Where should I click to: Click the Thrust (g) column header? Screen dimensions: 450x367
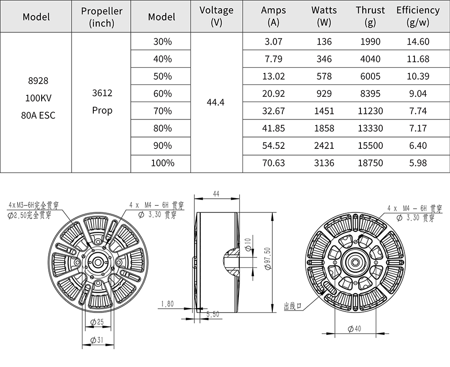[370, 17]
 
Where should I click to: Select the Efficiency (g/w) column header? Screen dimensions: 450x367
[418, 17]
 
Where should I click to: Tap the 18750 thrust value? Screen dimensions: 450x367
[370, 163]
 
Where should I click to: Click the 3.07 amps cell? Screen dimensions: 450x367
[273, 42]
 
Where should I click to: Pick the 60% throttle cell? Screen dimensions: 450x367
[162, 93]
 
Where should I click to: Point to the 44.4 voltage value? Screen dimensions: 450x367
[216, 102]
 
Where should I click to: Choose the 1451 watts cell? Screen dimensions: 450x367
[324, 111]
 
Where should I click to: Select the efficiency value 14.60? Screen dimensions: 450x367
[418, 42]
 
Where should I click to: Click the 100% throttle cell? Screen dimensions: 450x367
[162, 163]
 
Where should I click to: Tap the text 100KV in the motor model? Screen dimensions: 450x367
[38, 98]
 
